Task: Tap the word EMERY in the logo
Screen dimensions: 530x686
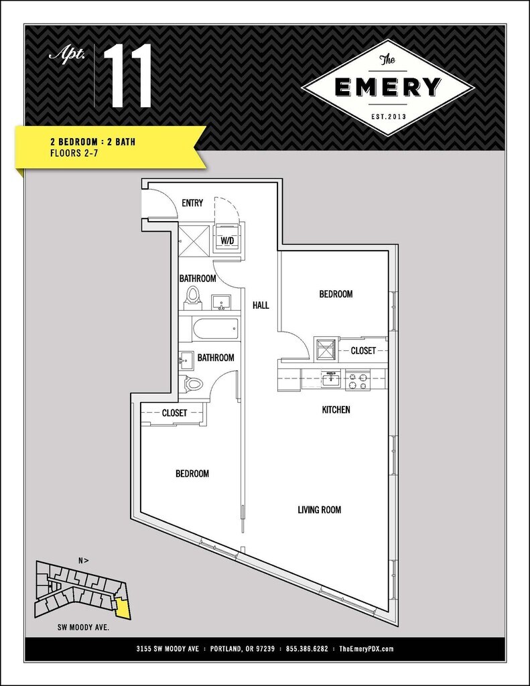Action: pyautogui.click(x=388, y=88)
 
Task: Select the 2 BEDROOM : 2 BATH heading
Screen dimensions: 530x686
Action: pyautogui.click(x=92, y=142)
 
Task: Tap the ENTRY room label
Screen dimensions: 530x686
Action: pyautogui.click(x=192, y=203)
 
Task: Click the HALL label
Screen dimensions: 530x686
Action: pyautogui.click(x=261, y=305)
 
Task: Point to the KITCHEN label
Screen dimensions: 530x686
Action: pyautogui.click(x=336, y=409)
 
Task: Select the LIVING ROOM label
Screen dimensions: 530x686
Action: pyautogui.click(x=319, y=510)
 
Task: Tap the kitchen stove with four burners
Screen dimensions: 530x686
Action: pyautogui.click(x=356, y=381)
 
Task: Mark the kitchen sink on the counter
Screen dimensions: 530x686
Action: pyautogui.click(x=329, y=380)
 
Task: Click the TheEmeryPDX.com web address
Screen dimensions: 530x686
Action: pyautogui.click(x=366, y=649)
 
